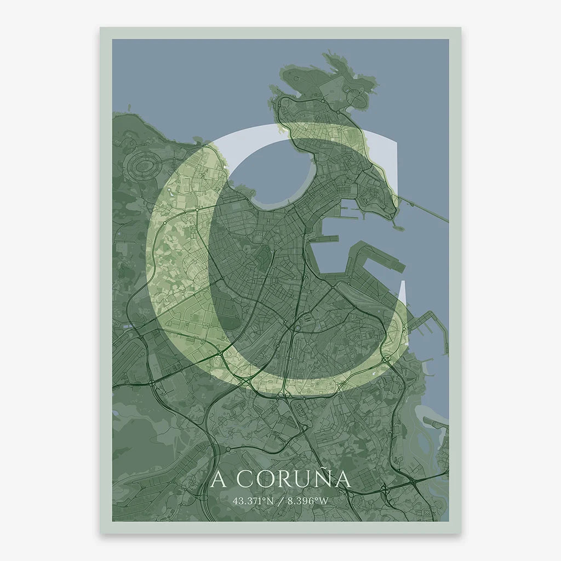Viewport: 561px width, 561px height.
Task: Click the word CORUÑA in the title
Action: click(295, 479)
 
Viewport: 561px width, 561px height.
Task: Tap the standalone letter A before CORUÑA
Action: click(218, 479)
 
